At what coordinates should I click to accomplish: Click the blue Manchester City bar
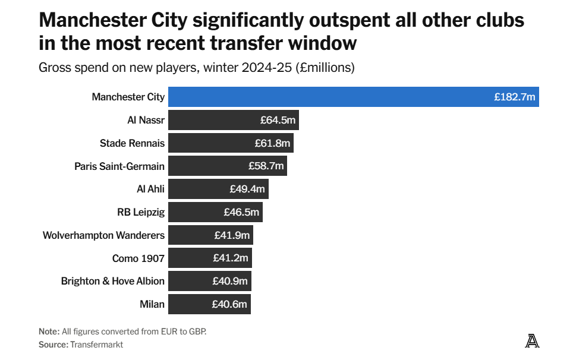point(354,97)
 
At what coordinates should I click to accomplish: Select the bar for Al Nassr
point(234,120)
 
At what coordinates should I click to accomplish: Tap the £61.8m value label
point(272,143)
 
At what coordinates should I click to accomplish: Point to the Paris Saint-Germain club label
point(119,166)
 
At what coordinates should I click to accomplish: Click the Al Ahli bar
point(219,189)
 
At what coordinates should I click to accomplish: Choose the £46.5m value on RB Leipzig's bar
point(241,212)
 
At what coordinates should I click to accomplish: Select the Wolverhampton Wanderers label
point(104,235)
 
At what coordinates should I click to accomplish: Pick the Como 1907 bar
point(210,258)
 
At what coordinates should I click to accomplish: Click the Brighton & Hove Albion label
point(113,281)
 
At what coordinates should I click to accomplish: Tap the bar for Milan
point(209,304)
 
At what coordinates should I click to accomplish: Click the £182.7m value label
point(515,97)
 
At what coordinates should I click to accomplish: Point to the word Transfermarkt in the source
point(96,345)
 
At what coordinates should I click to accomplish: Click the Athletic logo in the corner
point(532,341)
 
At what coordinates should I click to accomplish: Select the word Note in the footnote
point(49,331)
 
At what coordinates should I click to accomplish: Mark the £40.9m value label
point(230,281)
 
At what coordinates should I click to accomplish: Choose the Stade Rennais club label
point(133,143)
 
